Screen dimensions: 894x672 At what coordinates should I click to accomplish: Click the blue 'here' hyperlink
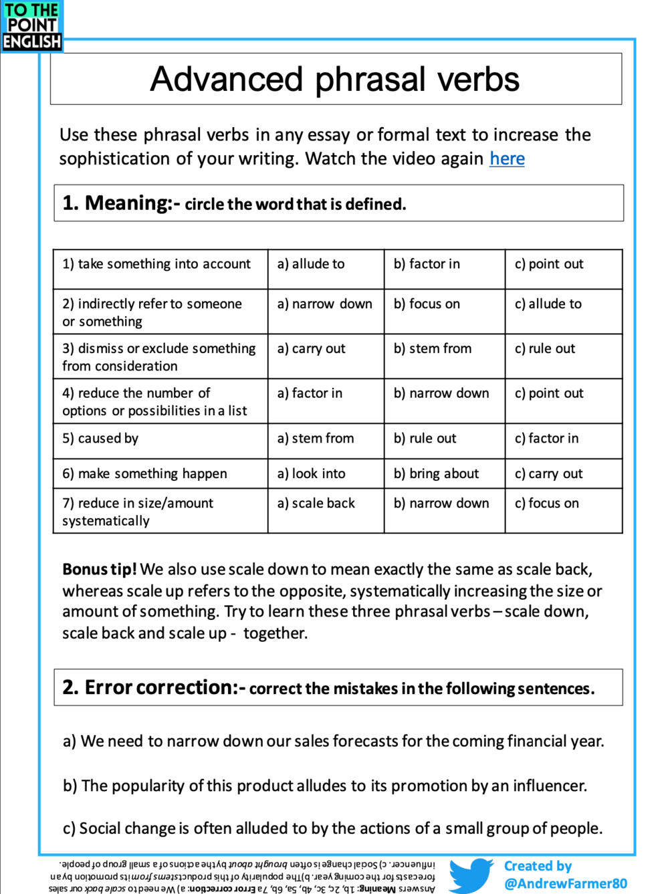pos(507,158)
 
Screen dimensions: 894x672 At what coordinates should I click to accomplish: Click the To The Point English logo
pos(31,26)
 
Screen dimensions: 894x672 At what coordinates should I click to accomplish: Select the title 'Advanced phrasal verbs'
pos(335,79)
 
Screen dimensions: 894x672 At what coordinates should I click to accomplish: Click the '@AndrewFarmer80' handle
pos(565,883)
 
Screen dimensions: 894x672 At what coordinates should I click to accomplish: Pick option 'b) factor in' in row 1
pos(427,264)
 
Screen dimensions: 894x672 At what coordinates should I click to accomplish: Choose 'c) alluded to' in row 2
pos(548,304)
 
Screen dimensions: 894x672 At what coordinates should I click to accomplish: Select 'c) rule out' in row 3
pos(545,348)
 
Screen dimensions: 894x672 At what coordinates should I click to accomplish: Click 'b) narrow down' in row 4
pos(441,393)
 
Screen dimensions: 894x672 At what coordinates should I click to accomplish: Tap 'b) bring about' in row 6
pos(436,473)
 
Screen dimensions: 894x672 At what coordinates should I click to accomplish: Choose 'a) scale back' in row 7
pos(316,504)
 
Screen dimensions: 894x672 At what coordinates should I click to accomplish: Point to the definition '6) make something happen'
pos(144,473)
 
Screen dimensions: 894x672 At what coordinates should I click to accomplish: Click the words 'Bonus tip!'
pos(100,569)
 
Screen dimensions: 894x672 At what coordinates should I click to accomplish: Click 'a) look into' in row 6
pos(312,473)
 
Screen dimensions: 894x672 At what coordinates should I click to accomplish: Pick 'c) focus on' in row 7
pos(547,504)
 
